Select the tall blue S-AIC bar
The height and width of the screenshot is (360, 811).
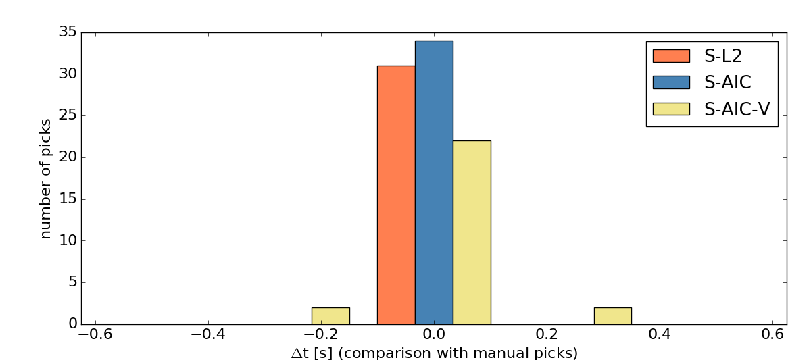tap(434, 182)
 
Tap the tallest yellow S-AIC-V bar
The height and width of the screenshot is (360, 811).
tap(472, 232)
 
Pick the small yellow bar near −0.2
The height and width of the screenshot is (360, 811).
tap(330, 316)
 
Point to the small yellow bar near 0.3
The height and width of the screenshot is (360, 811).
tap(613, 316)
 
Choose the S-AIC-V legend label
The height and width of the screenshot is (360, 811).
tap(737, 109)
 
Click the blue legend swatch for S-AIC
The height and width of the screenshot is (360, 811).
tap(671, 82)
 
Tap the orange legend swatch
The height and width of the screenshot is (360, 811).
tap(671, 55)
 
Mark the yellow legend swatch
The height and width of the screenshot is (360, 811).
tap(671, 109)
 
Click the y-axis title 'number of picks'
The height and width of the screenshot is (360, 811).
tap(46, 178)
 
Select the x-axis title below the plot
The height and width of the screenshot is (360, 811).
tap(434, 353)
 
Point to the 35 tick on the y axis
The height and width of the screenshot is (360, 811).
tap(68, 32)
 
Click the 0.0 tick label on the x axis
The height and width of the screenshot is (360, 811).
tap(434, 334)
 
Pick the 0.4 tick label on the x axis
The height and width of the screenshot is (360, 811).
tap(659, 334)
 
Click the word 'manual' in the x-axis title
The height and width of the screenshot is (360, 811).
tap(509, 353)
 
